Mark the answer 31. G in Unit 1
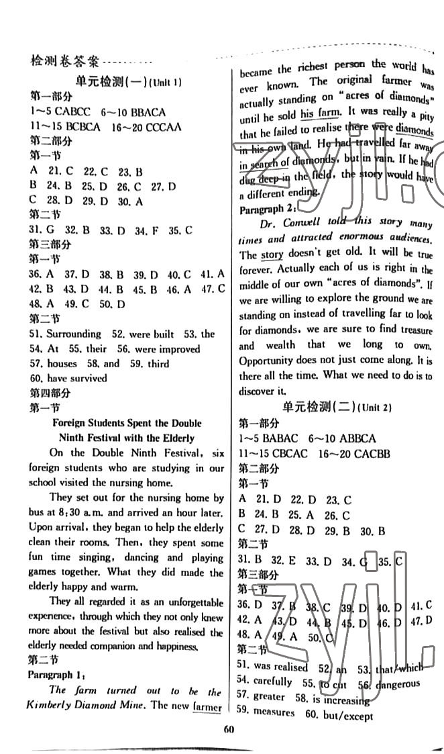pyautogui.click(x=40, y=230)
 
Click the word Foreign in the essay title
pyautogui.click(x=72, y=424)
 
